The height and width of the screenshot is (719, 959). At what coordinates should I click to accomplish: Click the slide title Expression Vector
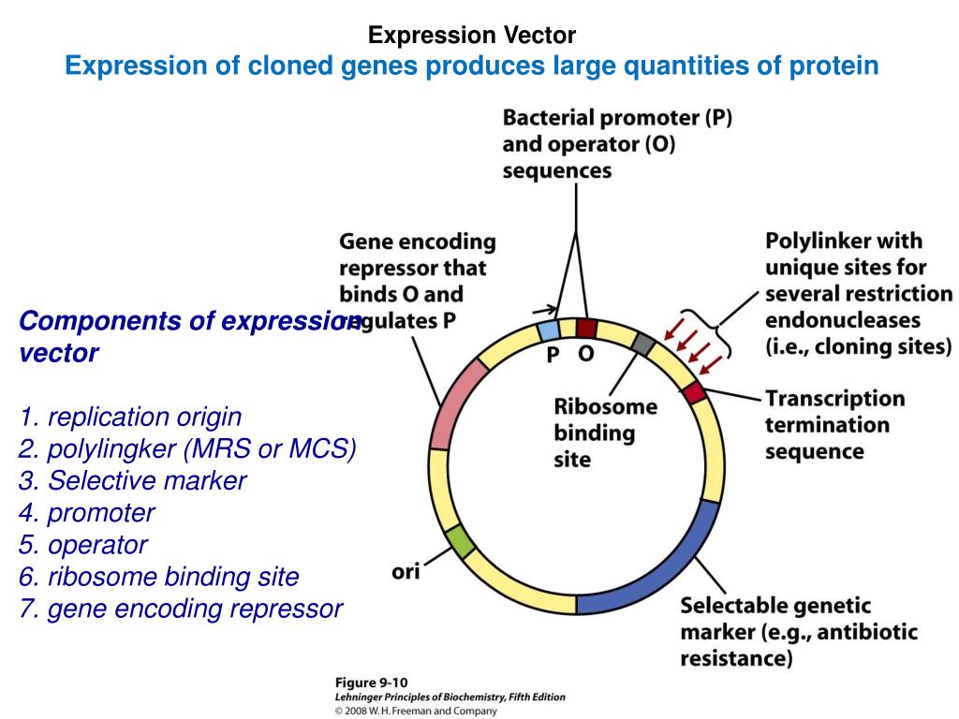[x=471, y=36]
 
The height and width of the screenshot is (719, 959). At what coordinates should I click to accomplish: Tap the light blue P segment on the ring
[x=550, y=330]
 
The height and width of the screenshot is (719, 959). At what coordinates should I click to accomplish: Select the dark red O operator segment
[x=586, y=328]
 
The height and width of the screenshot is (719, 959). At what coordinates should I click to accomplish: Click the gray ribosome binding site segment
[x=642, y=344]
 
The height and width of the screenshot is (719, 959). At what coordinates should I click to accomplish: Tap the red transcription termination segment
[x=694, y=391]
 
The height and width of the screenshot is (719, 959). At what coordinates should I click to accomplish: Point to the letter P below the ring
[x=553, y=357]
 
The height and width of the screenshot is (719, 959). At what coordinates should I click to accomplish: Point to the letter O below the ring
[x=585, y=357]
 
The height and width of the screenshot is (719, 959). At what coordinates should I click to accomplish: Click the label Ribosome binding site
[x=605, y=433]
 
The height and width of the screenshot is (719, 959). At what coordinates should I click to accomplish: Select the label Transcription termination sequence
[x=834, y=425]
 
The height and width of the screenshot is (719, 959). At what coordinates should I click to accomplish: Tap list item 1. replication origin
[x=130, y=416]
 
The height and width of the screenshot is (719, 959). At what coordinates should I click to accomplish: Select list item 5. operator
[x=82, y=544]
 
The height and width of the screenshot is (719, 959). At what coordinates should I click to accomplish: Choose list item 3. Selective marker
[x=132, y=480]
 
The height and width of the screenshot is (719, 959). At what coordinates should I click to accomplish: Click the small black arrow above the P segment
[x=542, y=309]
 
